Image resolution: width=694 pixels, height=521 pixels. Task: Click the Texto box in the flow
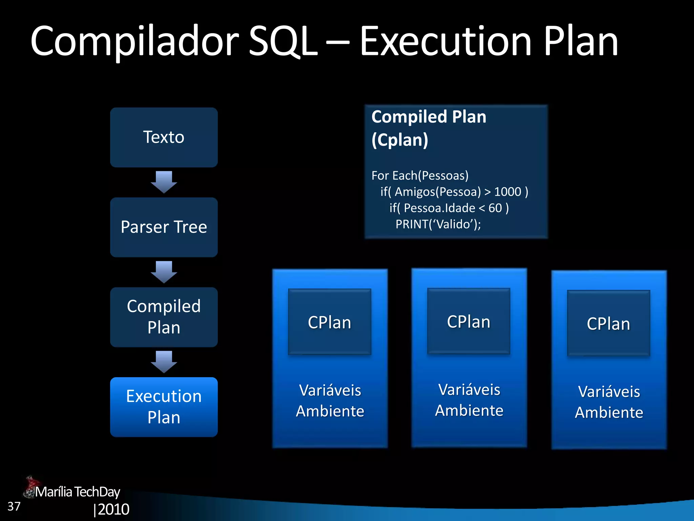pyautogui.click(x=164, y=137)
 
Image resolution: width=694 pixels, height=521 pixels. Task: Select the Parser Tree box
pyautogui.click(x=164, y=227)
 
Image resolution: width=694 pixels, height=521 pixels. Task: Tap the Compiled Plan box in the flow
pyautogui.click(x=164, y=317)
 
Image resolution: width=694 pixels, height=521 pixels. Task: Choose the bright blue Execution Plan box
pyautogui.click(x=164, y=407)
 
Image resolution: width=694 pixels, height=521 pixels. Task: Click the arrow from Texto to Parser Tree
pyautogui.click(x=164, y=182)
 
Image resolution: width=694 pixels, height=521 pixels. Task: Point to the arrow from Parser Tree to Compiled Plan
pyautogui.click(x=164, y=272)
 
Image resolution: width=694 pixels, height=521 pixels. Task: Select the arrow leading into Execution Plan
pyautogui.click(x=164, y=362)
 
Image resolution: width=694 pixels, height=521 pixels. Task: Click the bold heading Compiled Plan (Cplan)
pyautogui.click(x=429, y=128)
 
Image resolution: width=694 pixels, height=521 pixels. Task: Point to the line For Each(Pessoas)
pyautogui.click(x=420, y=176)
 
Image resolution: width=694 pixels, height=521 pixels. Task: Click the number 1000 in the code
pyautogui.click(x=507, y=192)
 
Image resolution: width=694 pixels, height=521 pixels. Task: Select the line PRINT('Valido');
pyautogui.click(x=438, y=224)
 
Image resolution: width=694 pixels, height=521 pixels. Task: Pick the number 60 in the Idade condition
pyautogui.click(x=495, y=208)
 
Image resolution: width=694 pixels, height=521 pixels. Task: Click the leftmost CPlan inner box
pyautogui.click(x=329, y=322)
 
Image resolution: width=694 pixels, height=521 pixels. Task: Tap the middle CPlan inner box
pyautogui.click(x=469, y=321)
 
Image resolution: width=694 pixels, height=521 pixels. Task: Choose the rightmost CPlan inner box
pyautogui.click(x=608, y=323)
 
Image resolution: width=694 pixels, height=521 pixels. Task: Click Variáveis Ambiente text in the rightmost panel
pyautogui.click(x=609, y=402)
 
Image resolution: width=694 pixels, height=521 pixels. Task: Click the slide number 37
pyautogui.click(x=14, y=506)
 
